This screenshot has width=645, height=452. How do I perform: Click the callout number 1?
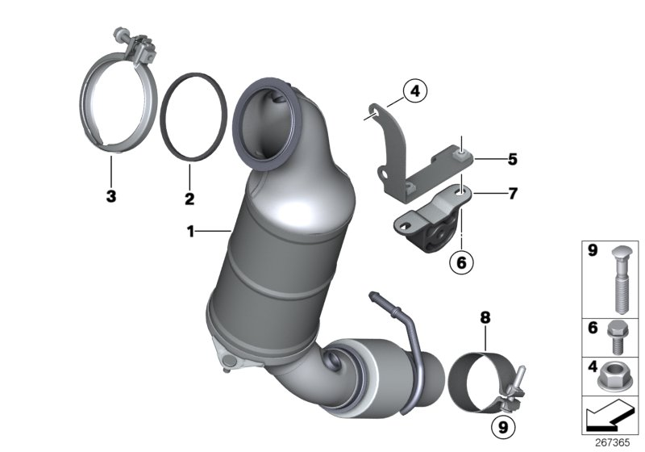[190, 232]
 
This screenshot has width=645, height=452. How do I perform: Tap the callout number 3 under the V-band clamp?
[111, 196]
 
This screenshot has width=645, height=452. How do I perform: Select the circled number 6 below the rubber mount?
[461, 261]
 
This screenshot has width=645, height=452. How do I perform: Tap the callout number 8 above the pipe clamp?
[485, 320]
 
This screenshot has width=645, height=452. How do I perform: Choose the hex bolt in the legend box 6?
[617, 334]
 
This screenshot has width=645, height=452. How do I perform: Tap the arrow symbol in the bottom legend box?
[607, 416]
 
